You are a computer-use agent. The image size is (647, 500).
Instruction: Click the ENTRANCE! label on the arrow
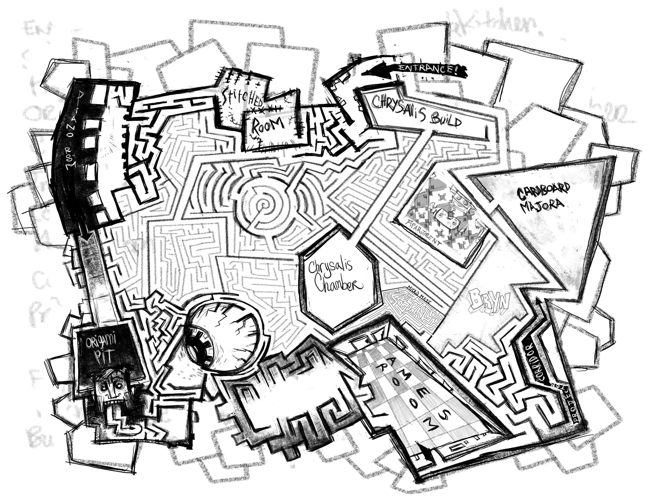pyautogui.click(x=427, y=69)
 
